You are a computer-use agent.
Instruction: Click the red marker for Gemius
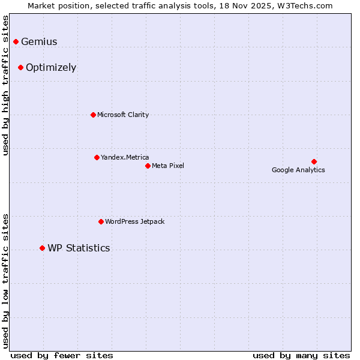[x=16, y=41]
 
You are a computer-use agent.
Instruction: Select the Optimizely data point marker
[x=21, y=67]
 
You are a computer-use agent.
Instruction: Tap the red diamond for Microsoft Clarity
[x=93, y=115]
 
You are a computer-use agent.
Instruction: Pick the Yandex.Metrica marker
[x=97, y=157]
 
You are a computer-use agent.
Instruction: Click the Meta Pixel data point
[x=148, y=166]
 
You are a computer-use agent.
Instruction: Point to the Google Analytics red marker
[x=314, y=161]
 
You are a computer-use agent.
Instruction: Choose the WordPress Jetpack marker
[x=101, y=221]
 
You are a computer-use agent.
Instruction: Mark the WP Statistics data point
[x=42, y=248]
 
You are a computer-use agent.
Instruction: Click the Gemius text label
[x=39, y=42]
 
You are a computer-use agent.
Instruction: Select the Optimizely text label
[x=51, y=68]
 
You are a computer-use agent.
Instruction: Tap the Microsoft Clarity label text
[x=123, y=115]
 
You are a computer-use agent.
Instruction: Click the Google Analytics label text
[x=298, y=170]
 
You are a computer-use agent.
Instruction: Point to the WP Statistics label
[x=79, y=248]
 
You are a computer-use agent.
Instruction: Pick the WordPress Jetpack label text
[x=134, y=222]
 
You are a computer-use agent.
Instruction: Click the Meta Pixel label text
[x=168, y=166]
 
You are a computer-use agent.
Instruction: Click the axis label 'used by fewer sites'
[x=62, y=355]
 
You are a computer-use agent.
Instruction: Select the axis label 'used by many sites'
[x=301, y=355]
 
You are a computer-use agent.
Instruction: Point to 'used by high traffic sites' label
[x=6, y=85]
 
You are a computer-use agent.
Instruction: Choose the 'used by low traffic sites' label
[x=6, y=280]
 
